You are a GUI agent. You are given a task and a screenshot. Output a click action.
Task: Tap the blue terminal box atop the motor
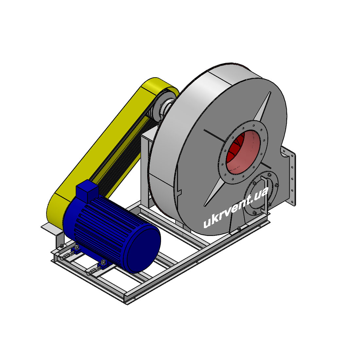tap(87, 189)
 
